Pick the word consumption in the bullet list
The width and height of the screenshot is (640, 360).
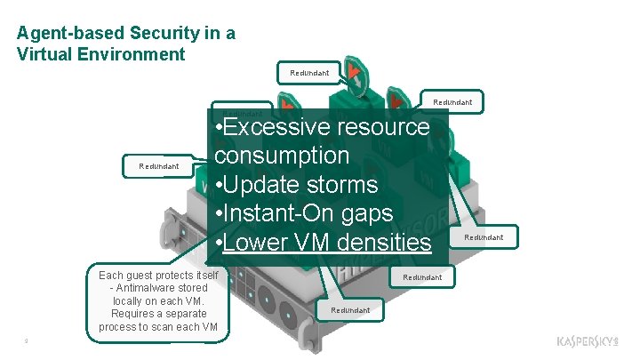[x=281, y=156]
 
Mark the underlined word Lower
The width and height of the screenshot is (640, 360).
[x=258, y=242]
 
